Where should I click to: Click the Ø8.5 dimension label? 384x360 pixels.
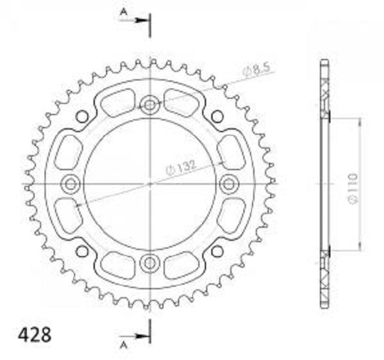pos(256,69)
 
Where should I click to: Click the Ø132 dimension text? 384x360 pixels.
pos(181,167)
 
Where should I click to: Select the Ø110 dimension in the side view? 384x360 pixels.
pos(353,189)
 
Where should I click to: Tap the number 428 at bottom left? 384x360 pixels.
pos(35,334)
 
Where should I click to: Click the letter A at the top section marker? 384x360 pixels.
pos(124,12)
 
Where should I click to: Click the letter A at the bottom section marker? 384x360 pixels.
pos(124,345)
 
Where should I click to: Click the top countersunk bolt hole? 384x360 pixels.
pos(149,105)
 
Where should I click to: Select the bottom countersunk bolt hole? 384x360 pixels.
pos(149,263)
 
